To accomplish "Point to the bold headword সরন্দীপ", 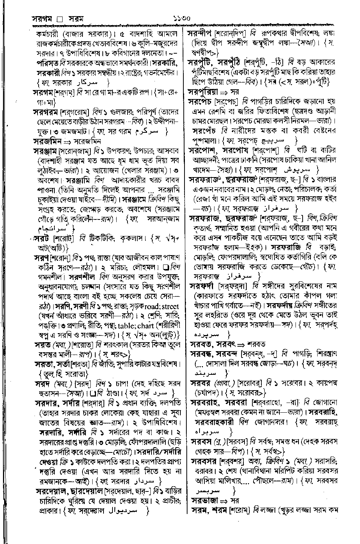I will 202,34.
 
